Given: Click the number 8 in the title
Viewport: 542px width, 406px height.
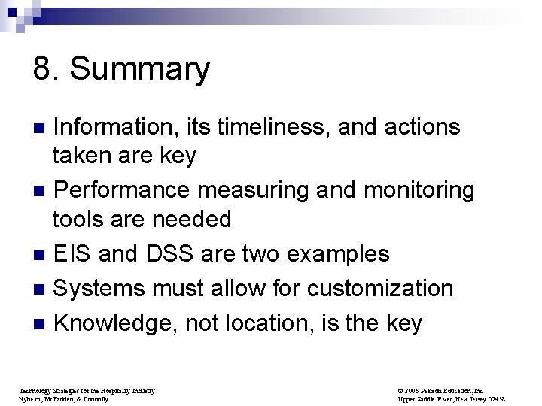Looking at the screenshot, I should [x=42, y=70].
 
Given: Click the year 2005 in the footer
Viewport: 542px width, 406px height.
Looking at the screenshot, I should [x=411, y=391].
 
